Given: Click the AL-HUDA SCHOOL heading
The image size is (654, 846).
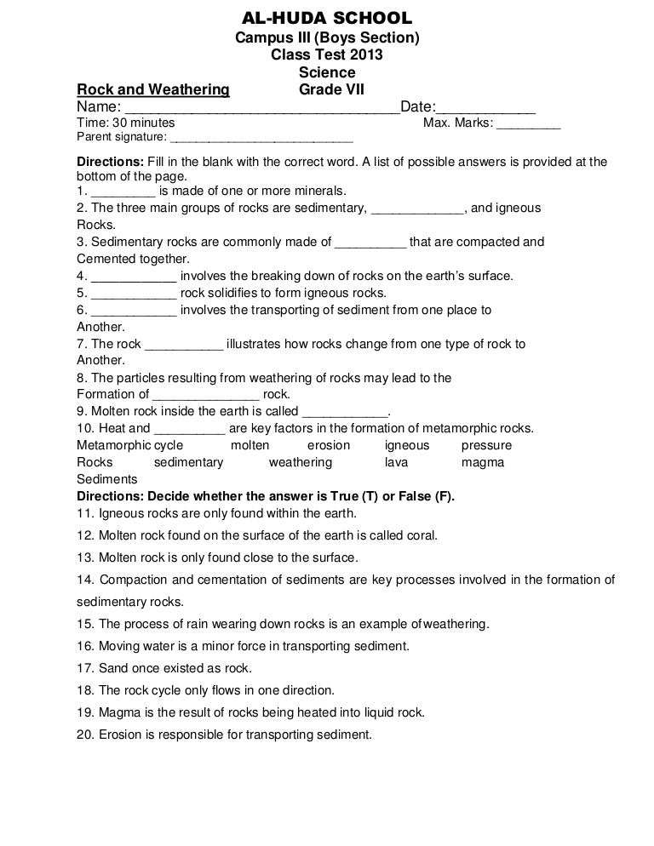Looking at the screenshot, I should (x=327, y=18).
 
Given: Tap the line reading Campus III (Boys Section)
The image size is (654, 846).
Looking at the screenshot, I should (x=327, y=38).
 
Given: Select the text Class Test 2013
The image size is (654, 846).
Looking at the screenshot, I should (x=327, y=55).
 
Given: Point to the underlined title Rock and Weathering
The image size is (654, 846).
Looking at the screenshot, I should (x=153, y=89).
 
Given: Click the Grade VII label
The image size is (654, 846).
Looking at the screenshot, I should (x=331, y=89).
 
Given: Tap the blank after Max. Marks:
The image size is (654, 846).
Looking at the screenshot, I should (x=528, y=124).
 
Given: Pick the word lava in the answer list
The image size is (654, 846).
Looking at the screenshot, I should (x=396, y=462).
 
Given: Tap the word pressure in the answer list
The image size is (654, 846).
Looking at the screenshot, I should (x=486, y=445).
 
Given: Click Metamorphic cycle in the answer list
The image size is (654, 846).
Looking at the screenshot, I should (x=129, y=445).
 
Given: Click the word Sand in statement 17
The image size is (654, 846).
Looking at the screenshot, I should (x=113, y=668).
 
